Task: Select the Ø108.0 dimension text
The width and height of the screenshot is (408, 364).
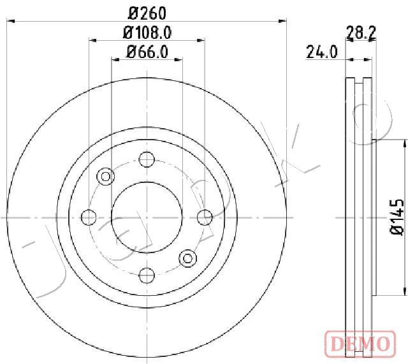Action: [147, 33]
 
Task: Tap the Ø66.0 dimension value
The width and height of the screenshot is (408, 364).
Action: [147, 52]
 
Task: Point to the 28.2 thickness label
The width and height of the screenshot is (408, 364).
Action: [361, 33]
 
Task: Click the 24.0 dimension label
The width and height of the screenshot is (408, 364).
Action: [322, 52]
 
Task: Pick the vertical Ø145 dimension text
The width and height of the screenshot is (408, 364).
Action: [397, 217]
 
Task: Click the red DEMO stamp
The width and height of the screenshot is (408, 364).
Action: [360, 343]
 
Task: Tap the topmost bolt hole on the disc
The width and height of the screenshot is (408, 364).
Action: [147, 159]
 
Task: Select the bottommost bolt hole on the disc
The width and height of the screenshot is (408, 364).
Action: [147, 275]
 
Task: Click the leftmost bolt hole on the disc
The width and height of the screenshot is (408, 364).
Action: [89, 217]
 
